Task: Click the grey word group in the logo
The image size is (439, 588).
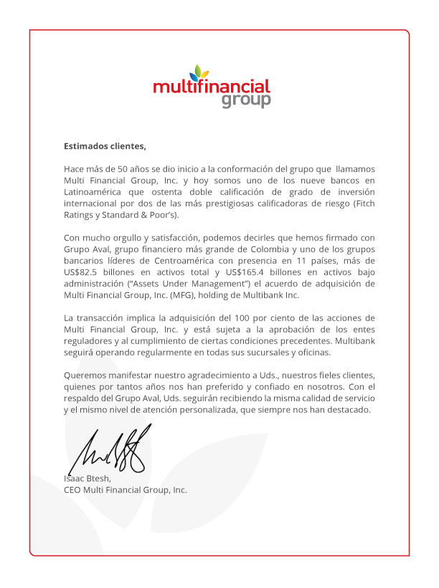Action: click(246, 100)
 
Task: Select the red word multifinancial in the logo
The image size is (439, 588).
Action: click(211, 87)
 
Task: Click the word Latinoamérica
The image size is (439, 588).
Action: click(94, 191)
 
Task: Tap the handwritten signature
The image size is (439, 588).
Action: click(115, 446)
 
